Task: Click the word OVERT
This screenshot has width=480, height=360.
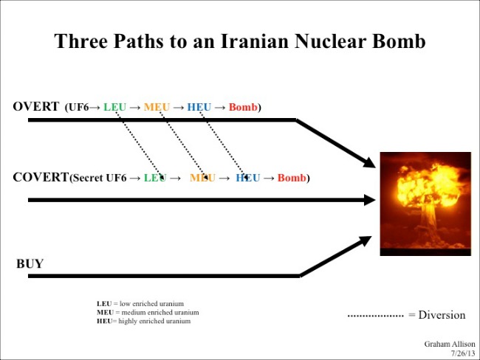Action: point(36,106)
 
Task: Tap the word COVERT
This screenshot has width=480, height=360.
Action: point(41,177)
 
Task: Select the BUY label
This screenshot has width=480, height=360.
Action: point(30,263)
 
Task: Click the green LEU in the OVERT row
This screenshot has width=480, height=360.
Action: point(114,107)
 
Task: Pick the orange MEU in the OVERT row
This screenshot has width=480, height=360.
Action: point(157,107)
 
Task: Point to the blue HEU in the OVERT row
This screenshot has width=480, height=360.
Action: point(199,107)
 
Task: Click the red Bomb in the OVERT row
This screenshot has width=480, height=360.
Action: point(243,107)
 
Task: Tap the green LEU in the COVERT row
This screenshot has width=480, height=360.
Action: point(155,178)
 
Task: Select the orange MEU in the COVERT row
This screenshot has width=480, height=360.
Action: point(202,178)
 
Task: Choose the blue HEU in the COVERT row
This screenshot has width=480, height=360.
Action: point(247,178)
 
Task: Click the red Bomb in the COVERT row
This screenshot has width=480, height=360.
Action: point(292,178)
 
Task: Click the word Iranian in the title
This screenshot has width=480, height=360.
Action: point(255,41)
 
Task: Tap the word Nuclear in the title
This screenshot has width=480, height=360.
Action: point(330,41)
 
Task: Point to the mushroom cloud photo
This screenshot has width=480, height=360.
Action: point(425,204)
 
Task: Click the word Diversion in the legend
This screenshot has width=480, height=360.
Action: point(442,315)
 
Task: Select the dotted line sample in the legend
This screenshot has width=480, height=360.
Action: point(376,316)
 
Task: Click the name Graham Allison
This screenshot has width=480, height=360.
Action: point(450,344)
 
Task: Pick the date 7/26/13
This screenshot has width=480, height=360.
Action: point(463,353)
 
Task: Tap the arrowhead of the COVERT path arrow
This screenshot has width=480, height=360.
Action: point(370,200)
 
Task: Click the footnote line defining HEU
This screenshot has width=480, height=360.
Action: point(143,321)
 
